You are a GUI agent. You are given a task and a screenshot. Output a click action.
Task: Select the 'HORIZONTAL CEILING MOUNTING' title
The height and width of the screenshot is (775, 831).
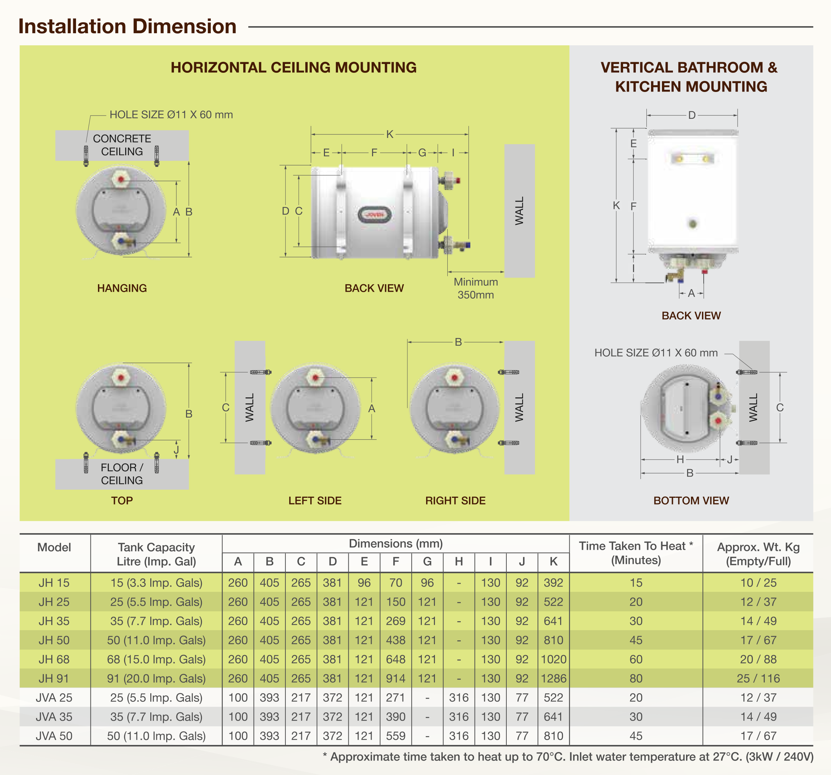click(x=294, y=67)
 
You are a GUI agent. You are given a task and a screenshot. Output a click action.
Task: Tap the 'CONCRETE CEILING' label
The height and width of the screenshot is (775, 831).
click(x=122, y=145)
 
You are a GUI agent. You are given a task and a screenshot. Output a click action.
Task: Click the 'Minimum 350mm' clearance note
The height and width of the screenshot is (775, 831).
click(x=476, y=288)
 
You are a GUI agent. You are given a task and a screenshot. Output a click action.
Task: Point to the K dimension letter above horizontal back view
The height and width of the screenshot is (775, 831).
click(x=390, y=134)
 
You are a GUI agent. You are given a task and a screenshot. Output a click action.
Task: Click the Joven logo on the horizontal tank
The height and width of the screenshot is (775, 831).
click(x=374, y=215)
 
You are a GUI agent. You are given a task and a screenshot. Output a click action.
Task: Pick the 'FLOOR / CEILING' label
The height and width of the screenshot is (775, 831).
click(x=122, y=474)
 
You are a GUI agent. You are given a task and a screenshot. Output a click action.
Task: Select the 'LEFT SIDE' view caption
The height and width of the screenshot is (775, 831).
click(x=315, y=500)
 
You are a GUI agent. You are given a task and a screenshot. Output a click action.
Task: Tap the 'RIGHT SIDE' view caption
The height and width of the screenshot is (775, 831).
click(x=455, y=500)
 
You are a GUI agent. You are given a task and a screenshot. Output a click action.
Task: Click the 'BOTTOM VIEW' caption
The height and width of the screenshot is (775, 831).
click(x=691, y=500)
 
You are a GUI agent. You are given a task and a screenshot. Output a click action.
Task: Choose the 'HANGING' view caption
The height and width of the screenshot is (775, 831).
click(x=122, y=288)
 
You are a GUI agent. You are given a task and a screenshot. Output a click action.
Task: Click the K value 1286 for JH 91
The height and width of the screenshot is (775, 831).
click(x=553, y=678)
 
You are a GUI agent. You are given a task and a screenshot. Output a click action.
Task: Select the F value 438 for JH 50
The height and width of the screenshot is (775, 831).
click(x=395, y=640)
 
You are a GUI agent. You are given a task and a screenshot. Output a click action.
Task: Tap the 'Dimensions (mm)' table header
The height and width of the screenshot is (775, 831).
click(x=395, y=543)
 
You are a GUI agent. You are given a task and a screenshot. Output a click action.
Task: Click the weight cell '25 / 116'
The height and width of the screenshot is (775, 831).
click(x=758, y=678)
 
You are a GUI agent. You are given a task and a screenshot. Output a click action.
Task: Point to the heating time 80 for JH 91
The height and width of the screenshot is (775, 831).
click(x=635, y=678)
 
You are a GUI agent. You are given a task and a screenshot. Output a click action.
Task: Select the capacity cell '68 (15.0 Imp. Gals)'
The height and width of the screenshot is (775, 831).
click(x=156, y=659)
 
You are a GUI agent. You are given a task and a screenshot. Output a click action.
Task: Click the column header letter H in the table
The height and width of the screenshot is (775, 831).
click(x=459, y=561)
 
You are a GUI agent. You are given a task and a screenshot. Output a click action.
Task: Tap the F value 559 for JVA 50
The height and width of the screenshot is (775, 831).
click(x=395, y=736)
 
